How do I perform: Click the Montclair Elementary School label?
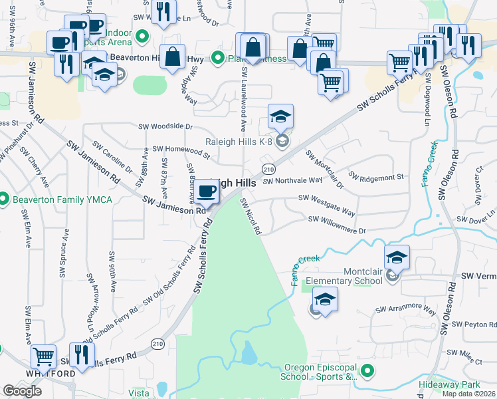pos(363,276)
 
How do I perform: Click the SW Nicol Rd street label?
pos(250,215)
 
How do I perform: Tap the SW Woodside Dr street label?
pos(165,126)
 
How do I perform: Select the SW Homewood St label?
pos(181,152)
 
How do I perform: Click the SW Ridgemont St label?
pos(377,178)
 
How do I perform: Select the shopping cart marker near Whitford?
pos(43,356)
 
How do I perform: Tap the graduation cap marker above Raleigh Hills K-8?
pos(281,117)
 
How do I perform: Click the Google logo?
pos(22,391)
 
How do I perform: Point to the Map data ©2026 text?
pos(469,394)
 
